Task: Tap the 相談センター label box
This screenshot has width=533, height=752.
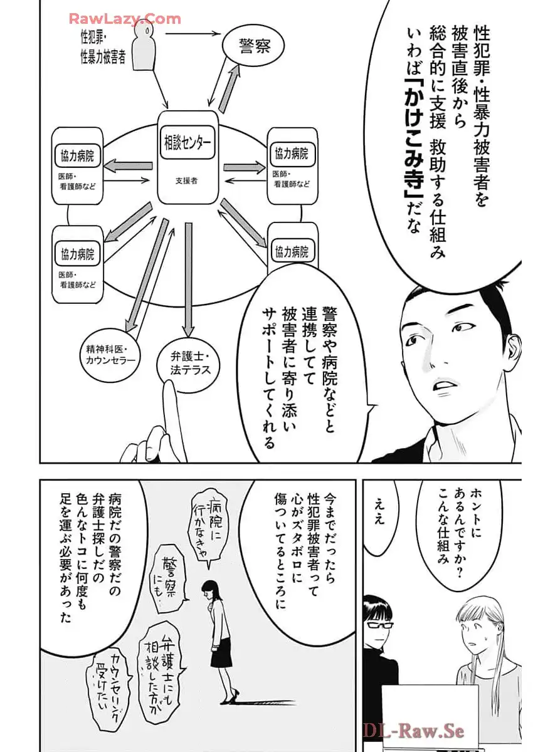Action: [x=187, y=143]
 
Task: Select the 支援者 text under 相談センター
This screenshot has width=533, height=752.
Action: [x=186, y=180]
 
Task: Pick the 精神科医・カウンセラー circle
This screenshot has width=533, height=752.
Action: [x=110, y=355]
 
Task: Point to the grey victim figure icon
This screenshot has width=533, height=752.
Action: [x=144, y=49]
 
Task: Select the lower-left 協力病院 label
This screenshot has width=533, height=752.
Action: [x=77, y=254]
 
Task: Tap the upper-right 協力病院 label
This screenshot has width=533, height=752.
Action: [x=292, y=154]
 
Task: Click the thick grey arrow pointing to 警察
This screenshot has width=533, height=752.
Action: [x=229, y=88]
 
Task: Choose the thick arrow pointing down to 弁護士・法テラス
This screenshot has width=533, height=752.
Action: [x=188, y=279]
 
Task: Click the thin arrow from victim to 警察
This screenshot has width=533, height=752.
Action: [x=193, y=33]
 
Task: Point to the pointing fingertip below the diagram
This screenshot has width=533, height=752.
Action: [x=169, y=387]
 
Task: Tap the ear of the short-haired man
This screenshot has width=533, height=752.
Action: [x=512, y=350]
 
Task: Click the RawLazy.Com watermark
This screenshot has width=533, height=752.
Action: [x=125, y=19]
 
